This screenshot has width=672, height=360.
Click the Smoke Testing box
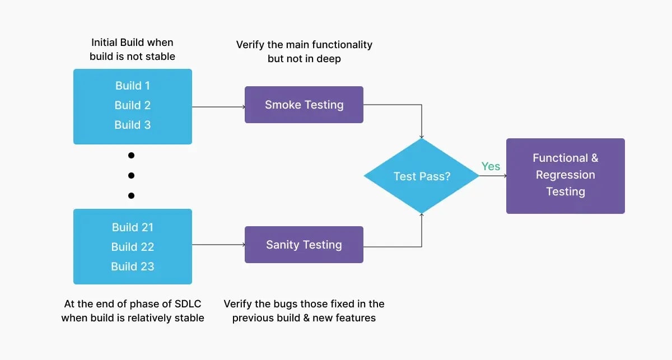pos(304,105)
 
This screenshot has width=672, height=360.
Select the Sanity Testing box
pos(304,245)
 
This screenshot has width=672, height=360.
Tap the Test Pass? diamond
pos(421,176)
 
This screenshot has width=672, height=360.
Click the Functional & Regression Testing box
pos(565,176)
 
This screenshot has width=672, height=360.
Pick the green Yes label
pos(491,166)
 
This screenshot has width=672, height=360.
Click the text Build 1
pos(133,86)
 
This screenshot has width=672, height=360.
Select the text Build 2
pos(133,105)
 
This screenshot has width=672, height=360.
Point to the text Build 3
pos(133,125)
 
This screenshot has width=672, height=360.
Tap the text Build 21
pos(133,227)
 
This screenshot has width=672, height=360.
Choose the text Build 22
pos(133,247)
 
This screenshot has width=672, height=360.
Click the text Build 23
pos(133,267)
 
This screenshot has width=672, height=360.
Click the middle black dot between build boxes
pos(132,175)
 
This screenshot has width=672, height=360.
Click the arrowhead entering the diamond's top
pos(421,137)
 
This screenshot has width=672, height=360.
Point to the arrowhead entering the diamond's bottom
pos(421,215)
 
